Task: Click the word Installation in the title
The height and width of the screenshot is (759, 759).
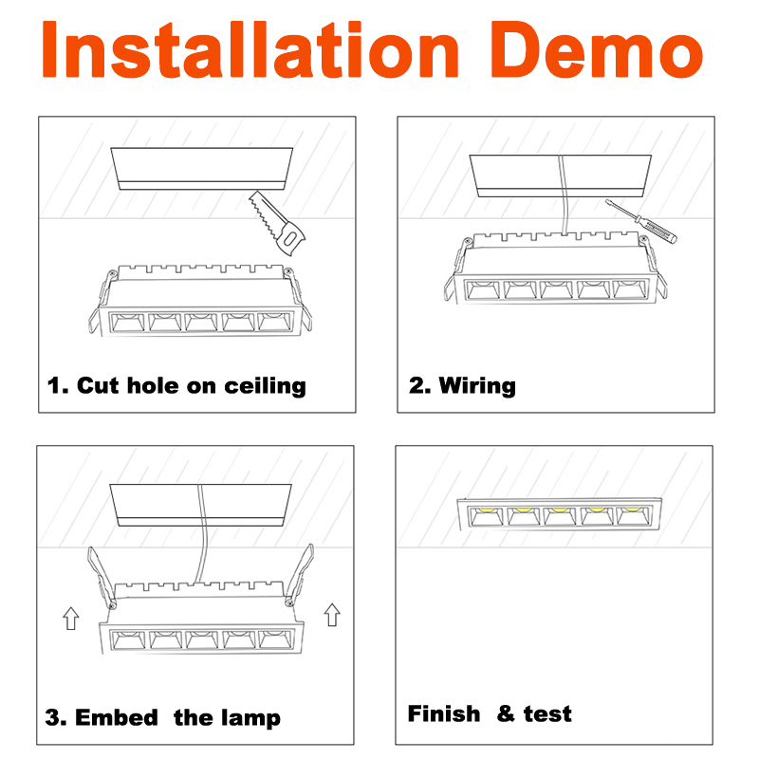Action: tap(250, 49)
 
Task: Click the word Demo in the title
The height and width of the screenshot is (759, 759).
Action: tap(597, 49)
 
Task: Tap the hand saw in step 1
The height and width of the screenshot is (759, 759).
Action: tap(277, 223)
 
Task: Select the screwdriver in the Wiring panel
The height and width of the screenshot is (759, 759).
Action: tap(641, 221)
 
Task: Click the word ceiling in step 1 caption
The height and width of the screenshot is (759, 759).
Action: tap(265, 387)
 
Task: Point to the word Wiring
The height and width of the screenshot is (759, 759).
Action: tap(477, 386)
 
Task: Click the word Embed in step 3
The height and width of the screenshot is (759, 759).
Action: tap(117, 717)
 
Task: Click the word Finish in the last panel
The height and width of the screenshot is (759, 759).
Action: tap(444, 713)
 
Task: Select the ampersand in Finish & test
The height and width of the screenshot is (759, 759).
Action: tap(506, 713)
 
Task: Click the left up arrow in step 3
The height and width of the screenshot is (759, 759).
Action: tap(71, 619)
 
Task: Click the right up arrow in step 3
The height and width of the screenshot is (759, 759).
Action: tap(332, 615)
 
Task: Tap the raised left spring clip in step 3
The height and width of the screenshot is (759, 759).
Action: tap(102, 578)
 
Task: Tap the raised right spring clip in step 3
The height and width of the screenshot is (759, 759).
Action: tap(300, 575)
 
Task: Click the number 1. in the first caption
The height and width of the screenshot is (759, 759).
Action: tap(58, 386)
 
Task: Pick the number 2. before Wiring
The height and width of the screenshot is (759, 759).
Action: tap(419, 386)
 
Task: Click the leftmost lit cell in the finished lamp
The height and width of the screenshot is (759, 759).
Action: tap(486, 516)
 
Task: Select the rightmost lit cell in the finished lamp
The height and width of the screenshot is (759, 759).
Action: tap(634, 515)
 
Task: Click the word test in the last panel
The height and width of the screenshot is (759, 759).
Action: tap(547, 714)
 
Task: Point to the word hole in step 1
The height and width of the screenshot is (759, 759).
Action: tap(153, 385)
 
